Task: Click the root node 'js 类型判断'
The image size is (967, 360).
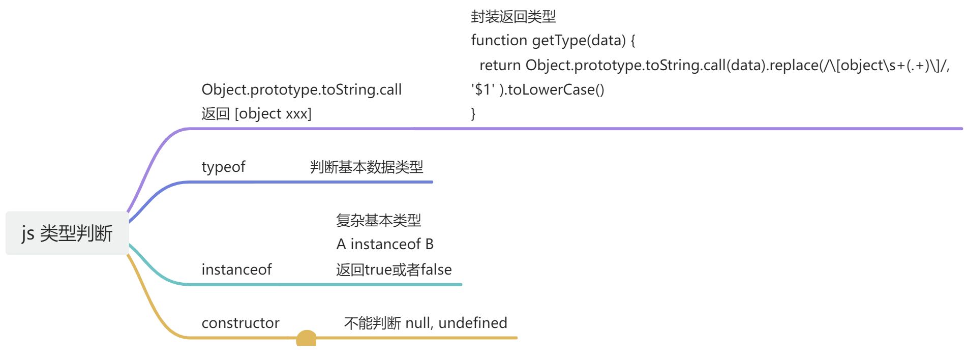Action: coord(67,233)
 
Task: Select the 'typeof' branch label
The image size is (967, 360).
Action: coord(223,167)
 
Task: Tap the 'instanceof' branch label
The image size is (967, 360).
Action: coord(236,269)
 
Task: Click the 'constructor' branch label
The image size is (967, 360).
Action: coord(240,323)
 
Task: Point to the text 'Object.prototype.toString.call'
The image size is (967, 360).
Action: coord(301,89)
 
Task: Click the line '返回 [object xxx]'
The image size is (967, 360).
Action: coord(256,113)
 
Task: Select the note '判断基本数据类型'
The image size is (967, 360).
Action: coord(367,167)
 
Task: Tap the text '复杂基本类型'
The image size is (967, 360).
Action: coord(379,220)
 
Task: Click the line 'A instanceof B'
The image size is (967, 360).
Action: coord(385,244)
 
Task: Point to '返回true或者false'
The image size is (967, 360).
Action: coord(394,269)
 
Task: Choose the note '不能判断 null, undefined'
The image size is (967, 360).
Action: coord(426,323)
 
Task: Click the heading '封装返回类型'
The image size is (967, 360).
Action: coord(513,17)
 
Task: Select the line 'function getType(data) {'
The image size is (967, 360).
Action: coord(553,40)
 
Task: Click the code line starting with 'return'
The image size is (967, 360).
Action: coord(715,65)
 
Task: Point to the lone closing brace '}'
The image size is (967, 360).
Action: coord(473,113)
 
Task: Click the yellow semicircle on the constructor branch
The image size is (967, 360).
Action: coord(306,339)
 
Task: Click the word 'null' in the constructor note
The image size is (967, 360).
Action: coord(418,323)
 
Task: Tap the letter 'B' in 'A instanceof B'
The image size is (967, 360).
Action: coord(430,244)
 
